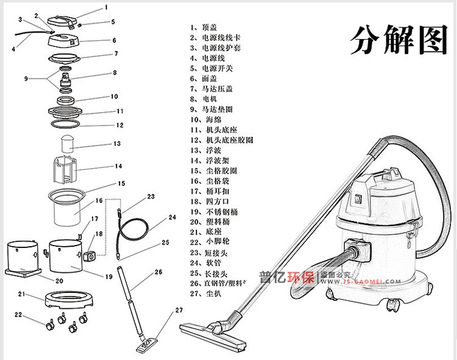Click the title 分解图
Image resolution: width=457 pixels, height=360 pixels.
pos(399,40)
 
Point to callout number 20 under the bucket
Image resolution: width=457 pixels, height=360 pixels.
pos(59,281)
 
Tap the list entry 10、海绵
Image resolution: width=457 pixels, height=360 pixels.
pos(205,119)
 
